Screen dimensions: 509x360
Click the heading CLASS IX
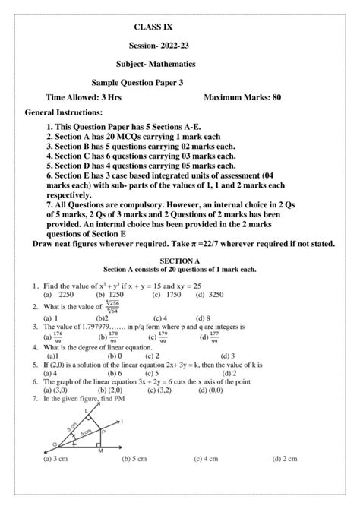click(153, 27)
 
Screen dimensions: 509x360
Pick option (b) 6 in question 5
click(115, 374)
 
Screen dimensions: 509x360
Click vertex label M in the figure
click(100, 451)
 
